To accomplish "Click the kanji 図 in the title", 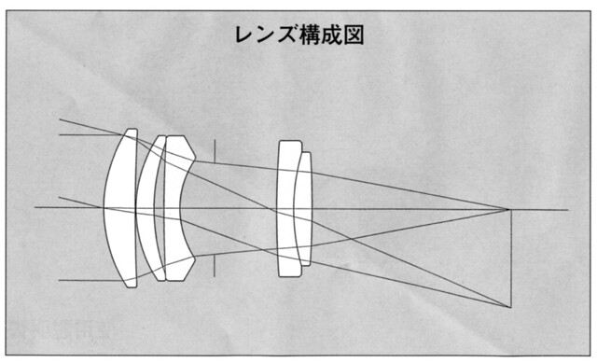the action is pyautogui.click(x=353, y=35).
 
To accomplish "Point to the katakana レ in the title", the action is pyautogui.click(x=244, y=35).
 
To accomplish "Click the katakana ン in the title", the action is pyautogui.click(x=266, y=35).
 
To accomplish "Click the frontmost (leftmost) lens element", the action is pyautogui.click(x=121, y=208).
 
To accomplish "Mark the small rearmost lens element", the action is pyautogui.click(x=304, y=209).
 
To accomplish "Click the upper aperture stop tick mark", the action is pyautogui.click(x=215, y=151).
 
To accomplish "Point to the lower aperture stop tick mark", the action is pyautogui.click(x=215, y=265).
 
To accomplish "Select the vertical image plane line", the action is pyautogui.click(x=511, y=258).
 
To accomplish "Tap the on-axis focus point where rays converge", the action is pyautogui.click(x=507, y=210).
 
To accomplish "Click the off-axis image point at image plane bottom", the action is pyautogui.click(x=510, y=307).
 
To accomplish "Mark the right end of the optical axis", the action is pyautogui.click(x=568, y=210).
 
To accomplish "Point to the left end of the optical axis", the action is pyautogui.click(x=35, y=207).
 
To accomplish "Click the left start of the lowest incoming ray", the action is pyautogui.click(x=59, y=281).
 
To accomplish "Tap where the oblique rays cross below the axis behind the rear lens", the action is pyautogui.click(x=350, y=239).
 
